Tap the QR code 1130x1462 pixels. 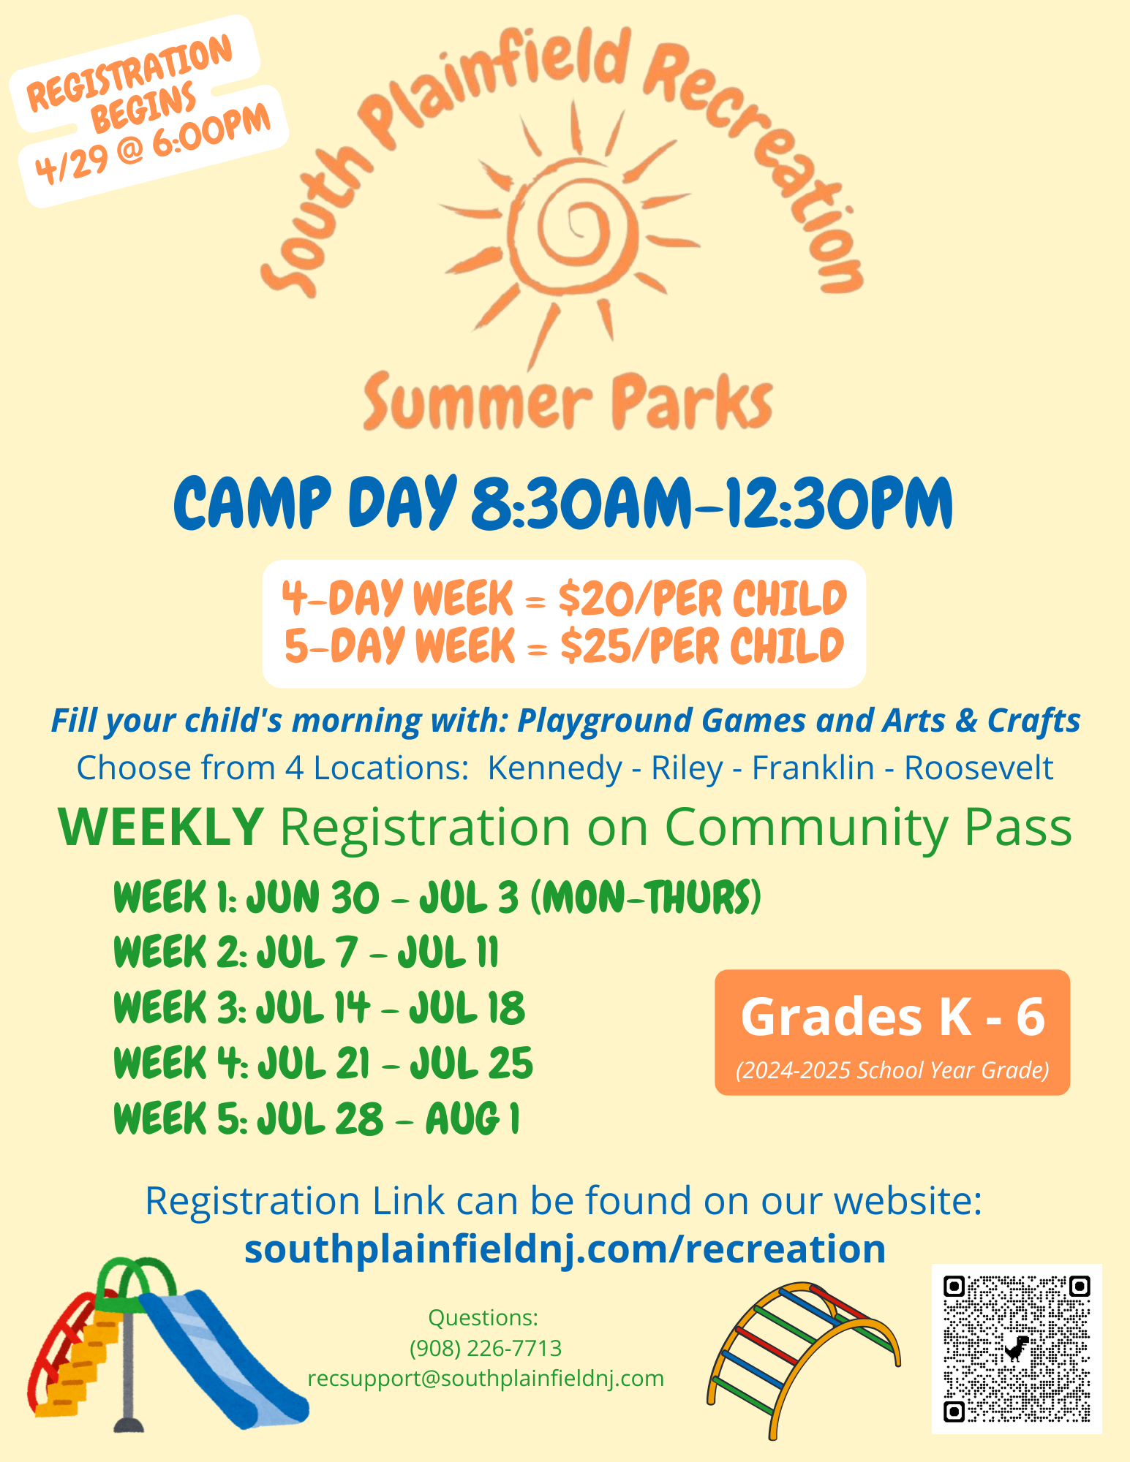[1017, 1349]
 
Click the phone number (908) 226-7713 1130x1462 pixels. [486, 1348]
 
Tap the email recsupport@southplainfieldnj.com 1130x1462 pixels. [486, 1378]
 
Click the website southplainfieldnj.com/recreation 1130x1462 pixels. [565, 1249]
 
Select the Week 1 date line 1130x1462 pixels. [437, 897]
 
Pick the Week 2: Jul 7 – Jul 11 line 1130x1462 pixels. [306, 952]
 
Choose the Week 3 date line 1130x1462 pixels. [319, 1008]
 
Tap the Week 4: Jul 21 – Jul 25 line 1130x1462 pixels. [323, 1063]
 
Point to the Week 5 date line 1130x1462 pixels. [317, 1118]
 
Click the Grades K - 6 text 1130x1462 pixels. [892, 1017]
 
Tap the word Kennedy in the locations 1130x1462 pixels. [554, 768]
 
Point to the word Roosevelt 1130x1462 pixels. [979, 768]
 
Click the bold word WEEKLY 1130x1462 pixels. [161, 827]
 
